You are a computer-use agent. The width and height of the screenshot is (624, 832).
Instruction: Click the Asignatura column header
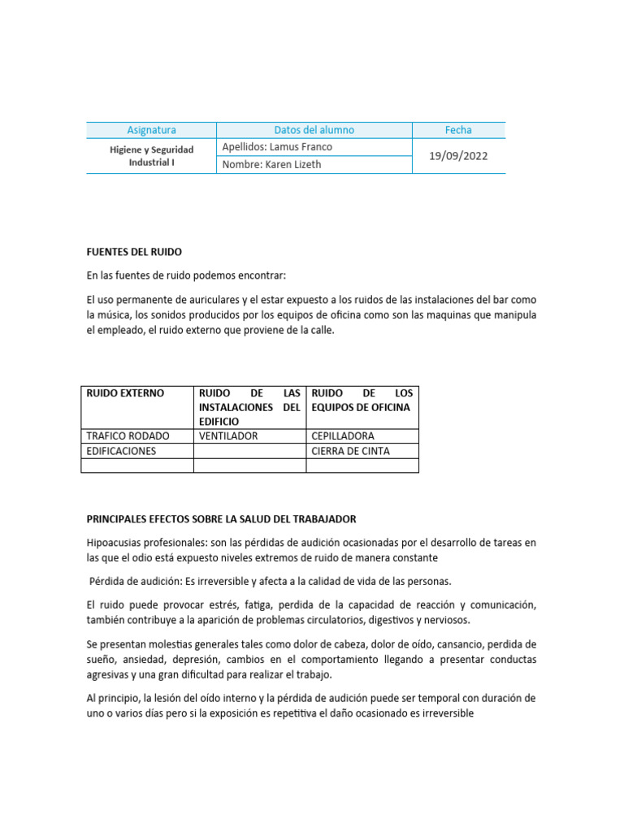point(151,130)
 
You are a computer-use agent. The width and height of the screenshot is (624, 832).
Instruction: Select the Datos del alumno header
point(314,130)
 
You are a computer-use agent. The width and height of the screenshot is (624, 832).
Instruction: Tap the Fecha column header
point(458,130)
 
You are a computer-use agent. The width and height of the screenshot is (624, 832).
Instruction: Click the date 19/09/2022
point(458,156)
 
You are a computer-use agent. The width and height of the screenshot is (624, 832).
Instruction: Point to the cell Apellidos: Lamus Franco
point(277,147)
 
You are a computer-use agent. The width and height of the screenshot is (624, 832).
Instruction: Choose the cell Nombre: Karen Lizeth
point(271,164)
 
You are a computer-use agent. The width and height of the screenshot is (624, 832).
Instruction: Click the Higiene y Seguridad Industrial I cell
point(151,156)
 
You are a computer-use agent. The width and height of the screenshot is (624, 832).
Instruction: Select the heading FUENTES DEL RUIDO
point(140,252)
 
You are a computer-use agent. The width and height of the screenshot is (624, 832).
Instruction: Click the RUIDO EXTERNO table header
point(125,393)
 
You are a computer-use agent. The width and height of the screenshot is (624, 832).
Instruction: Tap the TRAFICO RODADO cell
point(128,435)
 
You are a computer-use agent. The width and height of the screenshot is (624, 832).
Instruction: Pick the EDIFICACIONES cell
point(121,450)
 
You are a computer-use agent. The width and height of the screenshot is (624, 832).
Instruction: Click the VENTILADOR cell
point(228,435)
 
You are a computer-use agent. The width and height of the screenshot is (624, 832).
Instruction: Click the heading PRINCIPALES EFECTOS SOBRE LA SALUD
point(221,518)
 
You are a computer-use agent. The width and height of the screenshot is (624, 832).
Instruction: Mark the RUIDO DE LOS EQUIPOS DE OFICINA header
point(362,400)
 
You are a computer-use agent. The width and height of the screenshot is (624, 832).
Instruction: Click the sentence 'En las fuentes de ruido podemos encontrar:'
point(186,276)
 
